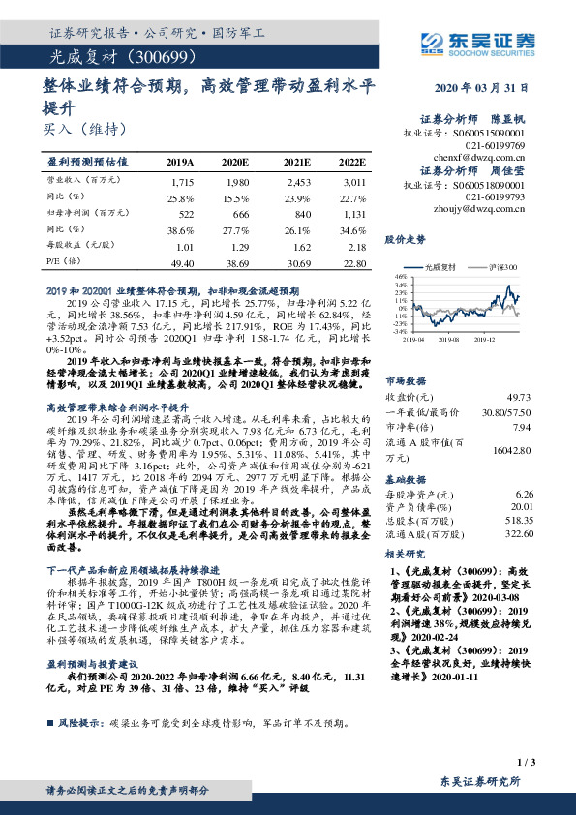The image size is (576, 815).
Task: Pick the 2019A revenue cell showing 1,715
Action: (x=181, y=181)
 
